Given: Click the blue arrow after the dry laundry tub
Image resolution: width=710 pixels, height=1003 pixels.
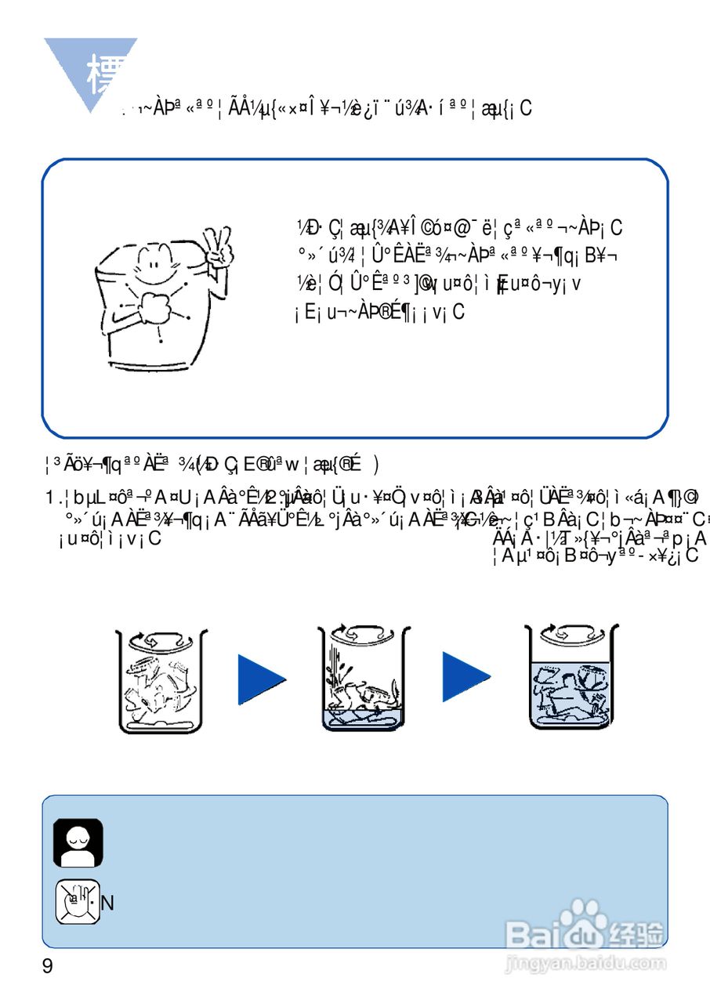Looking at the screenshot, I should pos(261,679).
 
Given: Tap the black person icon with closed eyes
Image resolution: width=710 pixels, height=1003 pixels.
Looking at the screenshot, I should pos(78,842).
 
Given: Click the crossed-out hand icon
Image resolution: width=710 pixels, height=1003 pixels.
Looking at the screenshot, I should pos(77,902).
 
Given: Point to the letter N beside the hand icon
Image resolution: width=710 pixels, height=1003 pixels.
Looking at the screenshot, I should pos(108,903).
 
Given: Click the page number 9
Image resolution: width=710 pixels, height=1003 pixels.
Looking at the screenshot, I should pos(48,966).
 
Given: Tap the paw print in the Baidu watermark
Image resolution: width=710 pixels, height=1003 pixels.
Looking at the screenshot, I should pos(581,916).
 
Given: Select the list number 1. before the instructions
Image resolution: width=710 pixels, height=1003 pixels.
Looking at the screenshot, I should pos(53,498).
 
